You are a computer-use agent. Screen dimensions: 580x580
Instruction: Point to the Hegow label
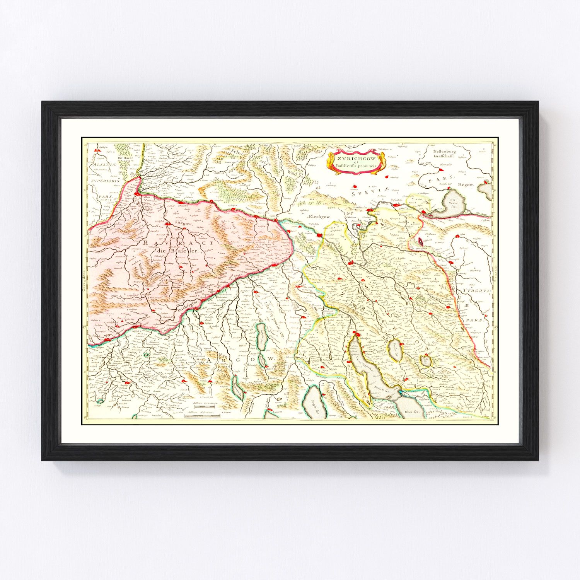(x=466, y=184)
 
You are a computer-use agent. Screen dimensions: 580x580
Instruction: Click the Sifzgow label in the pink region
(x=183, y=223)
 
